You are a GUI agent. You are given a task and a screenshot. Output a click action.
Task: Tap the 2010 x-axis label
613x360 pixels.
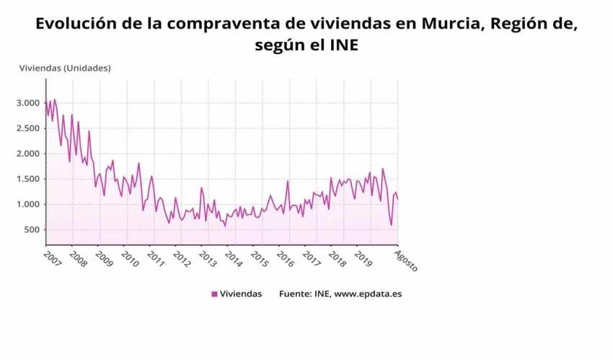tap(130, 258)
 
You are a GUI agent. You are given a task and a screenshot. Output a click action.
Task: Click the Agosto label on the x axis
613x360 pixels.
tap(406, 260)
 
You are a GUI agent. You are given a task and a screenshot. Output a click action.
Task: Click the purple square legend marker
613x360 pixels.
tap(214, 294)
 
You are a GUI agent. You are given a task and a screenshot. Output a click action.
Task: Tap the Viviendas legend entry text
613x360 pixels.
tap(242, 294)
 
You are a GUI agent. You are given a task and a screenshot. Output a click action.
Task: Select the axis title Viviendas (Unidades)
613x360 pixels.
tap(65, 68)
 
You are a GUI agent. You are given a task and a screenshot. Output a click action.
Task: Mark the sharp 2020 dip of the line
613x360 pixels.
tap(392, 224)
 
